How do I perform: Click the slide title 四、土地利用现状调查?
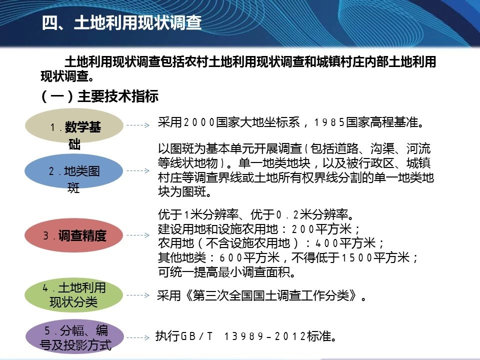click(x=121, y=22)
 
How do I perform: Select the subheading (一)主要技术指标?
click(x=99, y=96)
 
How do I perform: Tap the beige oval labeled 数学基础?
click(x=74, y=125)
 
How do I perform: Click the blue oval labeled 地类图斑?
click(x=74, y=171)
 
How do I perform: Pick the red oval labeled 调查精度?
click(x=74, y=235)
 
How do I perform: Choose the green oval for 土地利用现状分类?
click(x=74, y=295)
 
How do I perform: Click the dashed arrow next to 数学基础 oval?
click(x=138, y=125)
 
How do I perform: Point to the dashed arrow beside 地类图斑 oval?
click(x=138, y=170)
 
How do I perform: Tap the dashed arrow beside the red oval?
click(x=138, y=235)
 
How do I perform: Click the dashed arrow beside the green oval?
click(x=138, y=295)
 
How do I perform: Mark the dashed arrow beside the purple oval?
click(x=138, y=337)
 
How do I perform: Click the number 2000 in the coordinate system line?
click(x=199, y=122)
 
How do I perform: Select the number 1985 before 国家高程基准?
click(x=329, y=122)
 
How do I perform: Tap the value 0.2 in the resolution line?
click(x=287, y=215)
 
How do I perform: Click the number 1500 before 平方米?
click(x=357, y=257)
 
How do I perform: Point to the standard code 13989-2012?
click(x=265, y=336)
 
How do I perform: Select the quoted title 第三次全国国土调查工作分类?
click(x=271, y=295)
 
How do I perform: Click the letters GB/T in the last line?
click(x=196, y=336)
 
